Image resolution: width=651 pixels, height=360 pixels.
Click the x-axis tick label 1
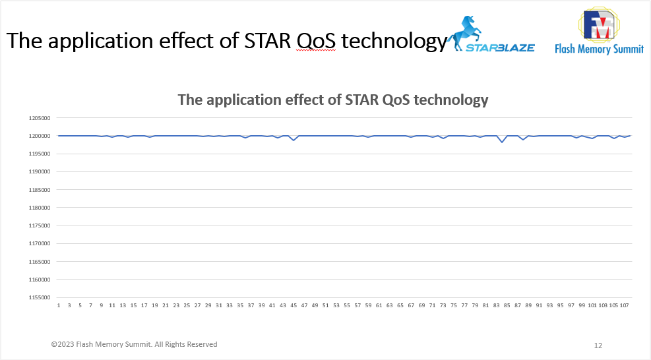pos(59,305)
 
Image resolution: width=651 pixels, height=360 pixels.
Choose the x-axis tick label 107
pos(624,305)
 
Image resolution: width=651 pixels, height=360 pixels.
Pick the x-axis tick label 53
pos(336,305)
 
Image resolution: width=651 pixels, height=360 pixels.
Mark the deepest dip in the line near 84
pos(502,142)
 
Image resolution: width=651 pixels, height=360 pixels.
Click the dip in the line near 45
pos(294,140)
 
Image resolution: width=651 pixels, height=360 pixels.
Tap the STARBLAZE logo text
pos(500,47)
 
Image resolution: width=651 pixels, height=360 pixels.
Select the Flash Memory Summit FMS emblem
pos(600,24)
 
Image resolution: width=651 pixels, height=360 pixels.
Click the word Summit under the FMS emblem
pos(625,49)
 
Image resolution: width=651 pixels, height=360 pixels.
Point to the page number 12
pos(598,345)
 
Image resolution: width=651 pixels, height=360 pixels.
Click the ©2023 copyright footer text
pos(134,344)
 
